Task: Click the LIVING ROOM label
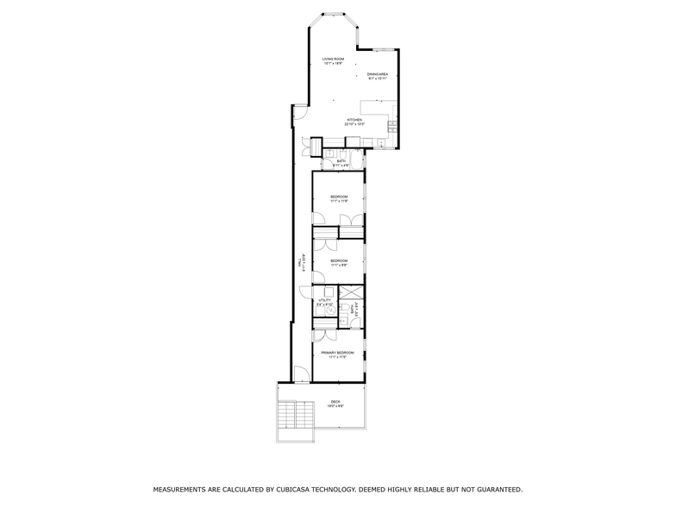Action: click(333, 59)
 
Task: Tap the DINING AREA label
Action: click(378, 74)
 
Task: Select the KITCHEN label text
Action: click(354, 119)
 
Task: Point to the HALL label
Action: click(298, 260)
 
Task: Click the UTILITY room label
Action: click(324, 299)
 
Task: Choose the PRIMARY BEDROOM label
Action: click(338, 353)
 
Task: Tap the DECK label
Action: click(335, 402)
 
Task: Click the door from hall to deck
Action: click(301, 375)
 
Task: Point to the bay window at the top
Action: click(332, 16)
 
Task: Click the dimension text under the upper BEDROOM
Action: click(339, 201)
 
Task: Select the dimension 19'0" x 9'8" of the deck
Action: click(335, 407)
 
